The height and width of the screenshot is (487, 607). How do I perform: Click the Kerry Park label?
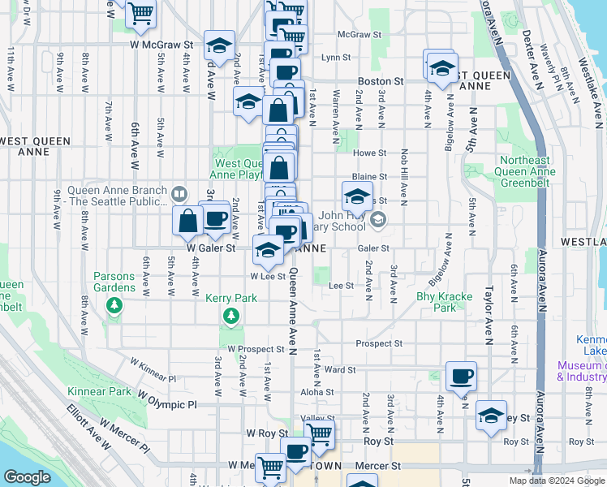231,299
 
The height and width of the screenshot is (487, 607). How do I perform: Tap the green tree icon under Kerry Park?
231,315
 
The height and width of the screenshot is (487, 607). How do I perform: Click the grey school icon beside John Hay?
377,219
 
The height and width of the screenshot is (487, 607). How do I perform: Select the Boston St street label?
381,82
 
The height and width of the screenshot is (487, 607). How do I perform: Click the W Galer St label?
210,248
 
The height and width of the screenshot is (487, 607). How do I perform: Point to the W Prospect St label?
256,349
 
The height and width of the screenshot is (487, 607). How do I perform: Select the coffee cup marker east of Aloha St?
461,375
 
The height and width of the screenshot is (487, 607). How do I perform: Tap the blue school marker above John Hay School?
356,196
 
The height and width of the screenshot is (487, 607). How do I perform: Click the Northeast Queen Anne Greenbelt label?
527,171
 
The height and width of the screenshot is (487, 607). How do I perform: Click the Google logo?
28,478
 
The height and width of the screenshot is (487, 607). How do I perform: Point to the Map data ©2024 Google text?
556,481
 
